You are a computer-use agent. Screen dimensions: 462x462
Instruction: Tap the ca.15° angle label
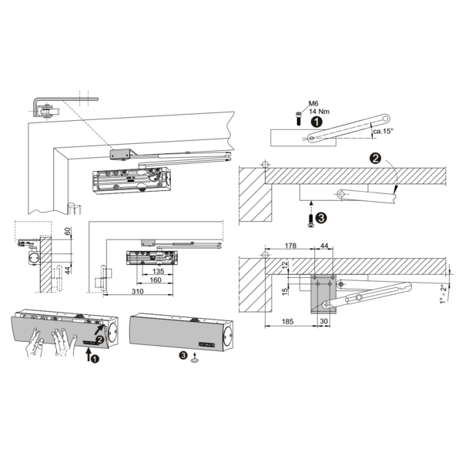[382, 132]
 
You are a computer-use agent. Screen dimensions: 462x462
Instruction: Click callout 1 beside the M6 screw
[316, 121]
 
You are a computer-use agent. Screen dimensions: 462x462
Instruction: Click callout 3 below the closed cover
[183, 356]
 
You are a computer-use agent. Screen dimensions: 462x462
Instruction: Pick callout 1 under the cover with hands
[94, 358]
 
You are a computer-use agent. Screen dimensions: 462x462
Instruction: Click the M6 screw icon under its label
[300, 117]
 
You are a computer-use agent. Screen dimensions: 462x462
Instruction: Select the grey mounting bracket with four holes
[323, 290]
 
